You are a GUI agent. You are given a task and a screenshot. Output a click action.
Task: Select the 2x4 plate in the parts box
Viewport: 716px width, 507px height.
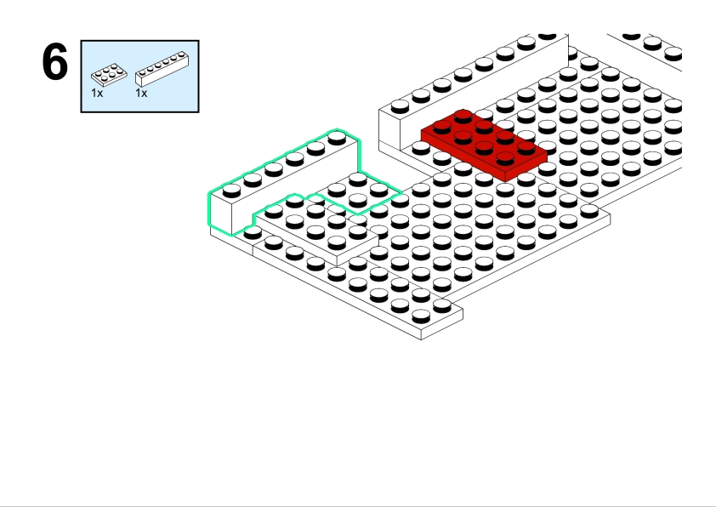[x=109, y=76]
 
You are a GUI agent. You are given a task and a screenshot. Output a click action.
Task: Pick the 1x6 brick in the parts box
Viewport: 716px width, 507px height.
[x=162, y=69]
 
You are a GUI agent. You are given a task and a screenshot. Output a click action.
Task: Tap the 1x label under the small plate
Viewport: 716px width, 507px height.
[x=97, y=94]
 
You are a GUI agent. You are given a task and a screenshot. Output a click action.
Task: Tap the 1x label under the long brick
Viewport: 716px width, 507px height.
[x=141, y=94]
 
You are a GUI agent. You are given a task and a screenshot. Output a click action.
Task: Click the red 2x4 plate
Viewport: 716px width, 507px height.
[x=484, y=145]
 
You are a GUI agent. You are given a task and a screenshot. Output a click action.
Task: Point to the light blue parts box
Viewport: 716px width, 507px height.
[x=139, y=77]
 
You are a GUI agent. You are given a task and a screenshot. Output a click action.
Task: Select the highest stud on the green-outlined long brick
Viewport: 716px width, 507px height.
[x=337, y=137]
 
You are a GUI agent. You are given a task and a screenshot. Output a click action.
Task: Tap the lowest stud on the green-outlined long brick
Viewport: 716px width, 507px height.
[x=231, y=190]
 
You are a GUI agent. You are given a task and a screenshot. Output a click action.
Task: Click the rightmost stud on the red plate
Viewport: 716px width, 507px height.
[x=526, y=148]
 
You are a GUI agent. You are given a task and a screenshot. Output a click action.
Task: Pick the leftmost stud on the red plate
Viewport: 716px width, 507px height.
[x=442, y=127]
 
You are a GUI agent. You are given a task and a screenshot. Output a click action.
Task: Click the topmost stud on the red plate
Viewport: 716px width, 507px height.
[x=463, y=116]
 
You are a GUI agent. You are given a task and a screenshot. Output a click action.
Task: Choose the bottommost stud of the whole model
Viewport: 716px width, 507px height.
[x=421, y=316]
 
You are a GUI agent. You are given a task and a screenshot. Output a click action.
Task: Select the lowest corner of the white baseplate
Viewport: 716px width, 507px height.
[x=421, y=339]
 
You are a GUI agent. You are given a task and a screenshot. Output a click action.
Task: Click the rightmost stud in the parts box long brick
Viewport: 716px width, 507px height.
[x=182, y=54]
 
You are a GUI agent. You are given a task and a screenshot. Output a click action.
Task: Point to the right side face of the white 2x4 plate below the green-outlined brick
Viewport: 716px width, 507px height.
[x=357, y=250]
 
